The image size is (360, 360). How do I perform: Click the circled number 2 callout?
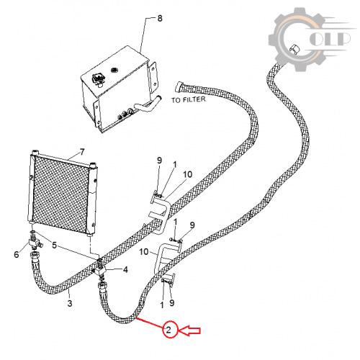click(x=168, y=330)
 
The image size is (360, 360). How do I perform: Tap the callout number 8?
click(x=160, y=19)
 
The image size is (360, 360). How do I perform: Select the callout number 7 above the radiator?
click(x=82, y=152)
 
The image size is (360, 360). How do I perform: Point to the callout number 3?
click(x=70, y=303)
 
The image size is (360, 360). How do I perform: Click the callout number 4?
click(x=125, y=269)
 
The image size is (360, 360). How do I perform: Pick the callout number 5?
click(x=55, y=245)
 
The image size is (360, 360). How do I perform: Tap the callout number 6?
click(x=16, y=254)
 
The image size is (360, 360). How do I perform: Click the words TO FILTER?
click(x=189, y=99)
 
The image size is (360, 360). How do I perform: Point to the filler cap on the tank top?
click(x=98, y=78)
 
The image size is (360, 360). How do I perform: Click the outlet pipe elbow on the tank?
click(x=148, y=103)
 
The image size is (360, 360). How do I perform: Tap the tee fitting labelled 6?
click(x=35, y=243)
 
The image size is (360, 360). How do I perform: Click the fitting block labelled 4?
click(x=100, y=271)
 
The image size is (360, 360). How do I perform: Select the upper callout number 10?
click(x=187, y=174)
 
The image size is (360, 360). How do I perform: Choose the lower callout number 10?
click(x=144, y=252)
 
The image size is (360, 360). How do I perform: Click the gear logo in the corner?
click(x=310, y=40)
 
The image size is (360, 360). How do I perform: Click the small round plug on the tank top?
click(x=114, y=70)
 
